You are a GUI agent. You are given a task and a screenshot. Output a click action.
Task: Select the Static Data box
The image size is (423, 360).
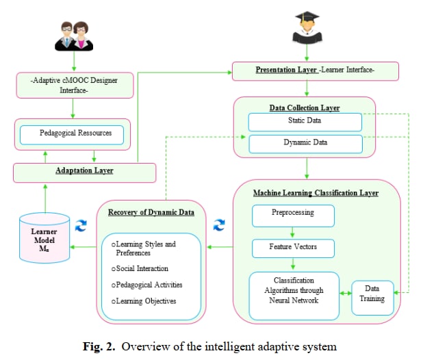click(x=305, y=122)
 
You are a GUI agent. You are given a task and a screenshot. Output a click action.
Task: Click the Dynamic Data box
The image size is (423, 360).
click(x=305, y=143)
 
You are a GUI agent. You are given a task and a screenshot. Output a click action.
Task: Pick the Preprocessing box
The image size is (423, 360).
click(x=293, y=214)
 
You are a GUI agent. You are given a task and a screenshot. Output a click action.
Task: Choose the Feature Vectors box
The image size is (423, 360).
click(x=293, y=247)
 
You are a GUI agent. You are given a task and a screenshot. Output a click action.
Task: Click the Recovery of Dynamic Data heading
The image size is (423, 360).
click(x=151, y=212)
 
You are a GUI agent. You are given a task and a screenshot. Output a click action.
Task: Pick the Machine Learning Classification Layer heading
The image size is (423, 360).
click(x=316, y=193)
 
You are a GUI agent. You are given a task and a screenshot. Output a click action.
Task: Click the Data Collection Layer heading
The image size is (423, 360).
click(x=305, y=107)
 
